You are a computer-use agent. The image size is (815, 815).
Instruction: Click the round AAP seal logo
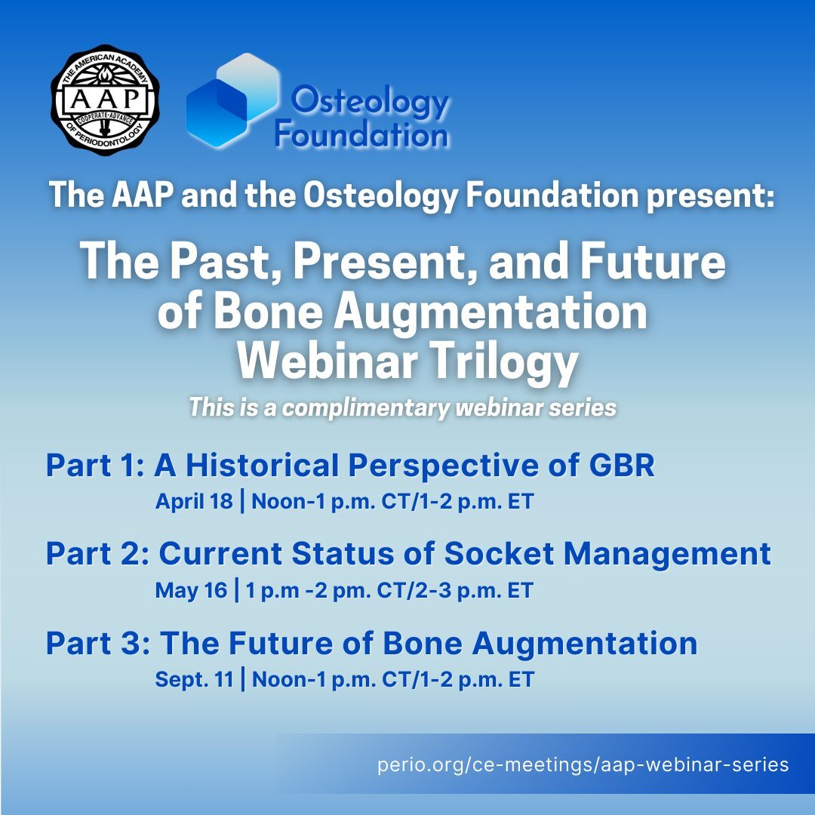pyautogui.click(x=105, y=100)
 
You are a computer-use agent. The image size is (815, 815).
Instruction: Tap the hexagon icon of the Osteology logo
pyautogui.click(x=233, y=101)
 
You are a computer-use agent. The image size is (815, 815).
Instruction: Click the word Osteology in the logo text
pyautogui.click(x=370, y=102)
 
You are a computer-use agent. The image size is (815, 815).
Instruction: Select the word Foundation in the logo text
pyautogui.click(x=361, y=134)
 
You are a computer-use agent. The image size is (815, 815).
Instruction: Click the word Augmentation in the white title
pyautogui.click(x=491, y=312)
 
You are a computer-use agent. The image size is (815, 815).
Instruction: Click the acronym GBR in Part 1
pyautogui.click(x=622, y=465)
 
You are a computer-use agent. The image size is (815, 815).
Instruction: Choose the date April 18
pyautogui.click(x=194, y=502)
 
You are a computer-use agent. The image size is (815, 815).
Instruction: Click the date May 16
pyautogui.click(x=191, y=590)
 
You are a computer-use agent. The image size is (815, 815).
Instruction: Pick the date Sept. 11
pyautogui.click(x=195, y=679)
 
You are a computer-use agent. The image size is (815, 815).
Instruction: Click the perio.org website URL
pyautogui.click(x=583, y=764)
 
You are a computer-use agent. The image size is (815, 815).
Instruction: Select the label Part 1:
pyautogui.click(x=95, y=465)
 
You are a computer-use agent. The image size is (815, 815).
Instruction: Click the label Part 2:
pyautogui.click(x=97, y=553)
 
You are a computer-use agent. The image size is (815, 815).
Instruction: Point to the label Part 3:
pyautogui.click(x=98, y=643)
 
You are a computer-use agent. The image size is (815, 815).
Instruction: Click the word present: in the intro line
pyautogui.click(x=711, y=196)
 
